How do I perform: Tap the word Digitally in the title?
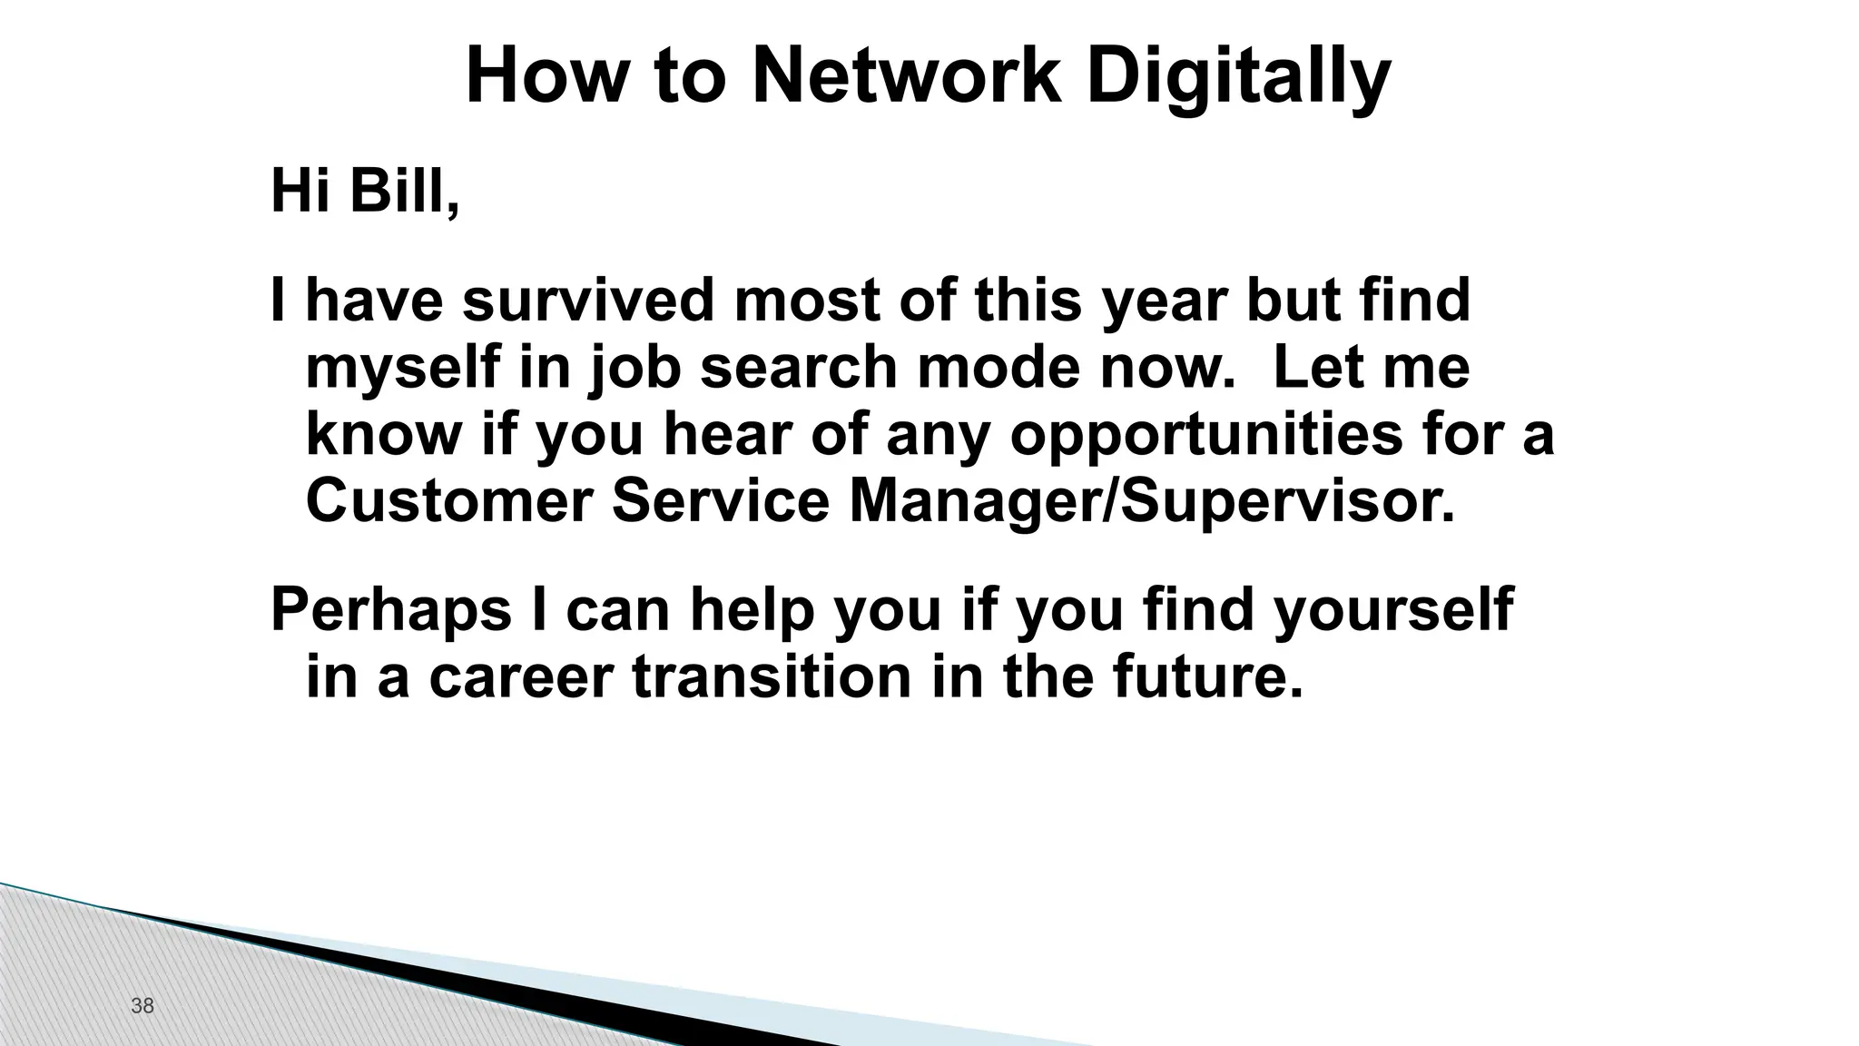(1238, 77)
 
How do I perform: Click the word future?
(1207, 677)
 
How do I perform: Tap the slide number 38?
(143, 1005)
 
